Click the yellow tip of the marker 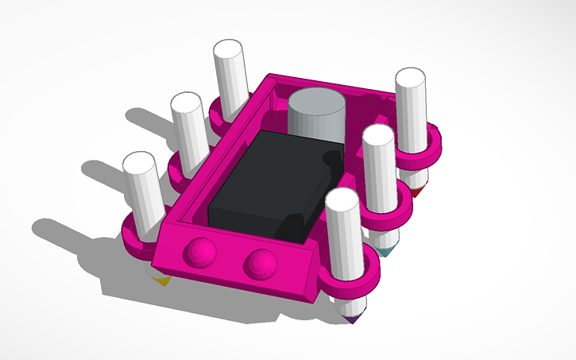[162, 279]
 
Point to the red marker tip [417, 191]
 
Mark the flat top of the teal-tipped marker [378, 136]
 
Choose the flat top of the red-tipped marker [411, 78]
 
